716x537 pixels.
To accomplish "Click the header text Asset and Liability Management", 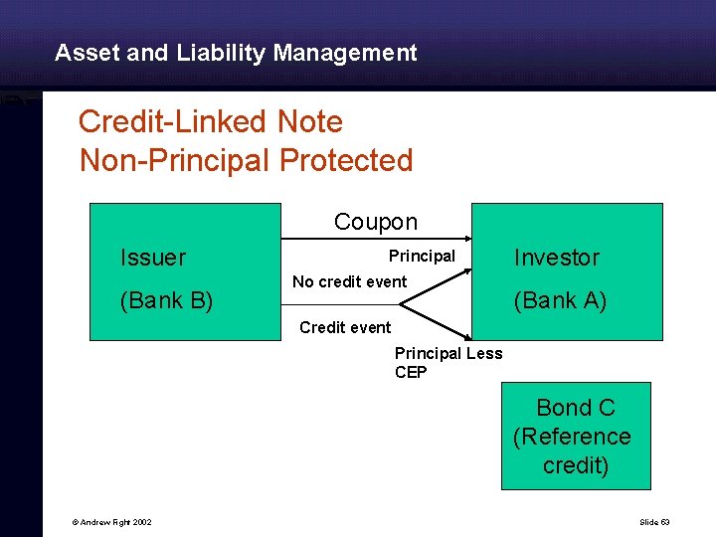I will [x=236, y=53].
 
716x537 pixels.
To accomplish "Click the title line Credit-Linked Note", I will [x=210, y=122].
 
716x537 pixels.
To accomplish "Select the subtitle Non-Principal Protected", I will [x=246, y=160].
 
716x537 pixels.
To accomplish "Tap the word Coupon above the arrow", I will [x=375, y=222].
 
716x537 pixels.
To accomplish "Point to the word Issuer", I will [x=152, y=258].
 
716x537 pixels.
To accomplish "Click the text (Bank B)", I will [x=166, y=300].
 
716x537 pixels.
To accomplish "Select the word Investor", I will [x=556, y=258].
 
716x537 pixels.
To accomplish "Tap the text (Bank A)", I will [x=560, y=300].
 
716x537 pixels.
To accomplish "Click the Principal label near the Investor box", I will [x=422, y=257].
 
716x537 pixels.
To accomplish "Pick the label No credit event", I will [x=349, y=281].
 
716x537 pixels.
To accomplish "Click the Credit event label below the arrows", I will [x=345, y=327].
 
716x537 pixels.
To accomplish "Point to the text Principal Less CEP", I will [x=447, y=363].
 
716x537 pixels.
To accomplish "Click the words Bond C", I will [x=575, y=408].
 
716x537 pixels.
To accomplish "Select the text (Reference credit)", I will [x=572, y=450].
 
